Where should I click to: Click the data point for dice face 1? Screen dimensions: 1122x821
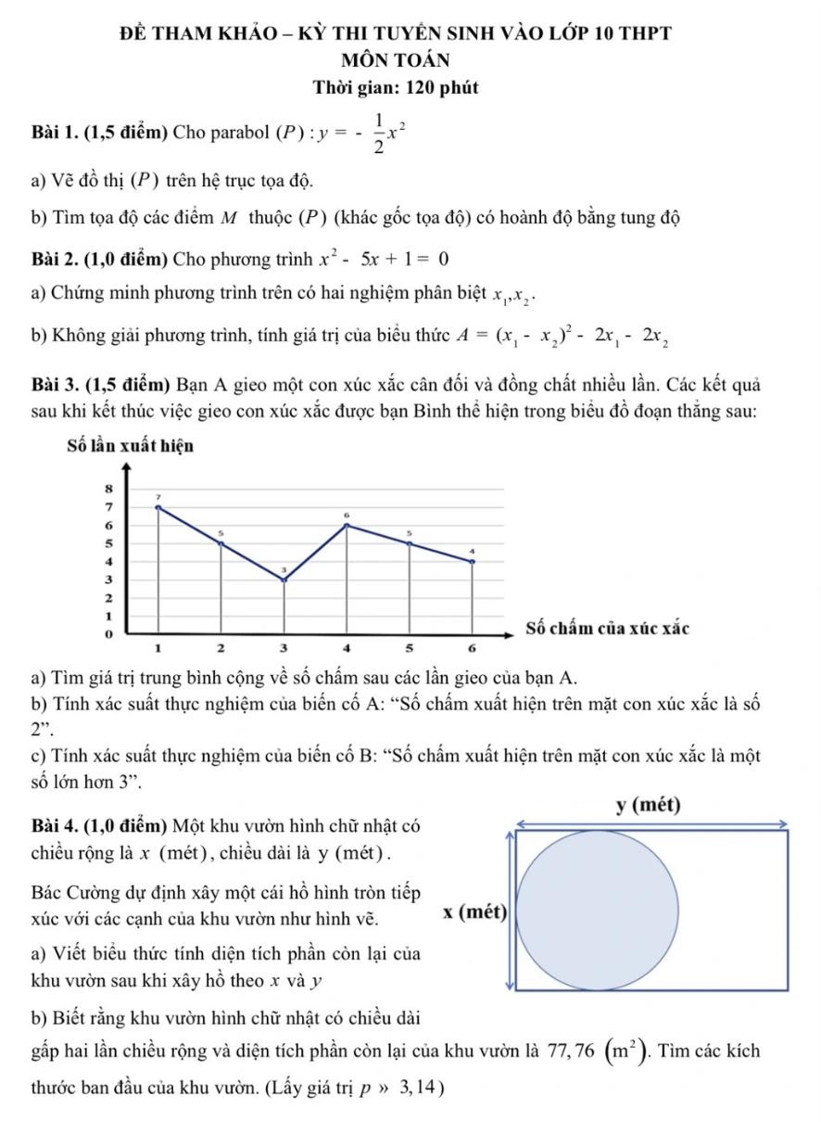tap(158, 507)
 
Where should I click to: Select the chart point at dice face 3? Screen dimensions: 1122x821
tap(284, 580)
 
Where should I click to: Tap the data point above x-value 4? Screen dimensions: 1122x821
tap(347, 526)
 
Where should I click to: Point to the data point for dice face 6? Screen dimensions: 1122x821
tap(473, 561)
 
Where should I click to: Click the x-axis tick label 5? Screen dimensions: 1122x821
tap(410, 645)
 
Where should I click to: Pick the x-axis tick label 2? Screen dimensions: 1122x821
tap(221, 645)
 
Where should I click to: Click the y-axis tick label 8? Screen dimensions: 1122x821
tap(108, 486)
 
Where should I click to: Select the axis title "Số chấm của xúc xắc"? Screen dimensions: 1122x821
tap(607, 629)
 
